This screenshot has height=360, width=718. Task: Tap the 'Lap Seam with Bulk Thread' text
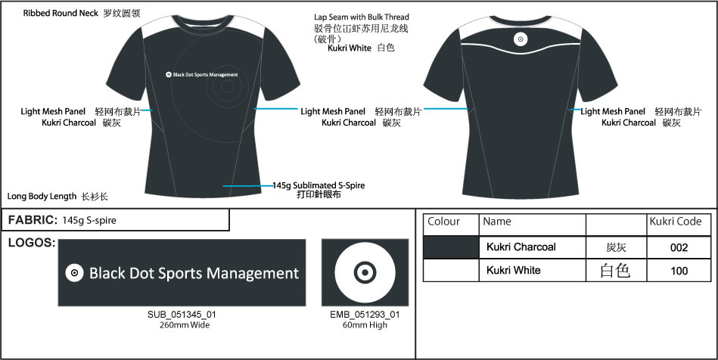pos(361,17)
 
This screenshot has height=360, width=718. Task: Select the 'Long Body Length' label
pos(43,196)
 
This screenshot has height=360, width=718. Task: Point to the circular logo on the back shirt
pos(521,39)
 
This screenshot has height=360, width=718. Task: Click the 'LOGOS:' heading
pos(31,243)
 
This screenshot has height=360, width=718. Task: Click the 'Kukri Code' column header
pos(676,222)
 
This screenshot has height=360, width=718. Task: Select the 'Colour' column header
pos(444,222)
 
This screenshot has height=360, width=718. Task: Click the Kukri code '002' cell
pos(679,247)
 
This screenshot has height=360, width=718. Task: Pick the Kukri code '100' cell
pos(679,270)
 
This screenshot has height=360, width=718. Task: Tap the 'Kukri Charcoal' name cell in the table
pos(521,247)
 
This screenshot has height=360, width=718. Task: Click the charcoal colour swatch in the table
pos(451,247)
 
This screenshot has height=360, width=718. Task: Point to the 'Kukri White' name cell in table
pos(514,270)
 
